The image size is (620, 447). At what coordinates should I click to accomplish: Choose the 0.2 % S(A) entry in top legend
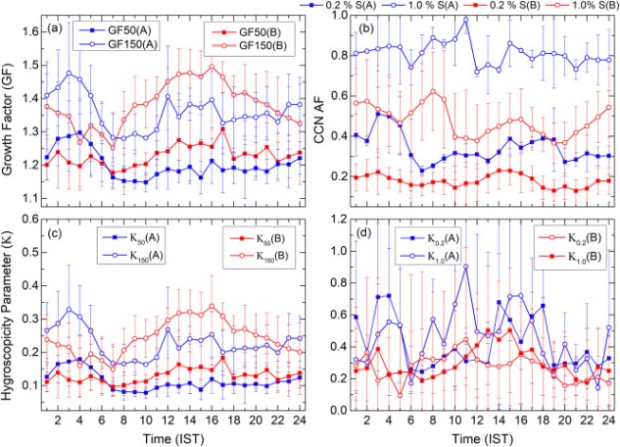tap(338, 6)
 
